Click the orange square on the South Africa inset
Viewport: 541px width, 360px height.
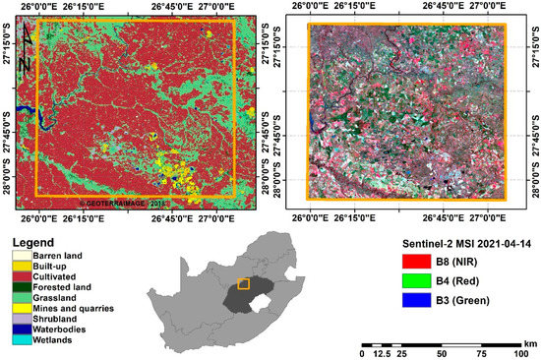tap(243, 284)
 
